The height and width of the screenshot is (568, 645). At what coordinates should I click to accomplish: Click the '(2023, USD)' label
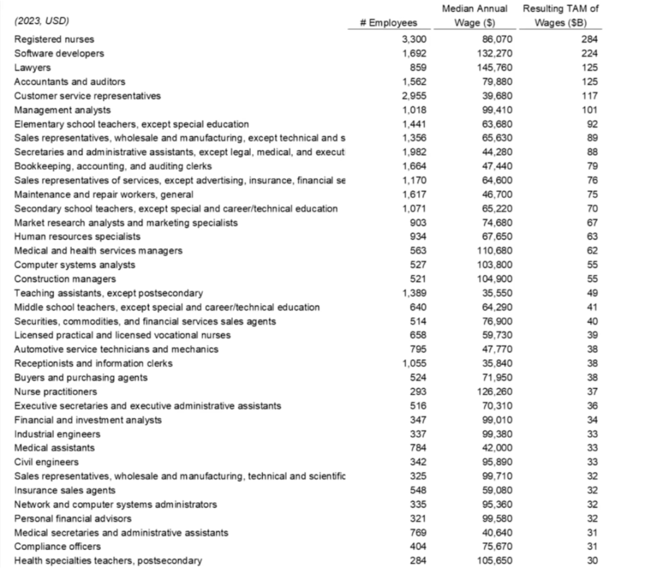coord(41,22)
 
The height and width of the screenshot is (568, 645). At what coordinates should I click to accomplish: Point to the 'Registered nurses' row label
coord(54,40)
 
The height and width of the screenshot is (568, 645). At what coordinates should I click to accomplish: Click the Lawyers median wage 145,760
coord(494,68)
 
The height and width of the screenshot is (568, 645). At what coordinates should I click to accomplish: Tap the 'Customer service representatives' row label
coord(87,96)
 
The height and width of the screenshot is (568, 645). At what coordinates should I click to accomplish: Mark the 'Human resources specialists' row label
coord(77,236)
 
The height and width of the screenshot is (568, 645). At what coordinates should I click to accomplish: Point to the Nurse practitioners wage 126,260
coord(494,391)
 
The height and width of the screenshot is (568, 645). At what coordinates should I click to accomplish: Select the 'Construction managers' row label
coord(64,279)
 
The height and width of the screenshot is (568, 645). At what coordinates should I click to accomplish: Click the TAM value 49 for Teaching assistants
coord(593,293)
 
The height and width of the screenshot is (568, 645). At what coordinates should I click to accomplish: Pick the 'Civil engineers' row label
coord(46,462)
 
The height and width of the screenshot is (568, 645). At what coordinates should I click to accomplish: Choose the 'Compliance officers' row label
coord(58,546)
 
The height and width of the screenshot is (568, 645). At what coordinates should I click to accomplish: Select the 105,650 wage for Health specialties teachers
coord(494,561)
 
